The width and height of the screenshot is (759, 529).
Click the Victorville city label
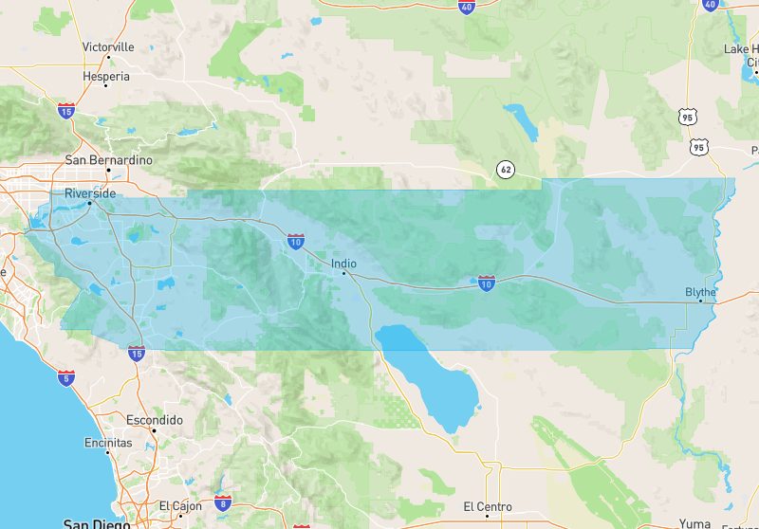click(108, 46)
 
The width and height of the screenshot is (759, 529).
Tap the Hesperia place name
click(106, 75)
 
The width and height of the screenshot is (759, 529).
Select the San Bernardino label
click(108, 160)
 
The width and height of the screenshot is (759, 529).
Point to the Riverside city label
click(90, 193)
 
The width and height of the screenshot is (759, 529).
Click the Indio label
click(344, 264)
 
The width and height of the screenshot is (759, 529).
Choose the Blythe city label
click(700, 292)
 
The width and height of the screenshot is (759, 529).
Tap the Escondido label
click(154, 419)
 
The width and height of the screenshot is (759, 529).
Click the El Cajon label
click(177, 506)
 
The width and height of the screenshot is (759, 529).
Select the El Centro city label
click(488, 506)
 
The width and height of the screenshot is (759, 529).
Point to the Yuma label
click(694, 523)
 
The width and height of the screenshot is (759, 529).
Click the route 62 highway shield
click(507, 171)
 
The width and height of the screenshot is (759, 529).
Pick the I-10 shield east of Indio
click(486, 283)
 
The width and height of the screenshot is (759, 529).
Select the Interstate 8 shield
click(223, 502)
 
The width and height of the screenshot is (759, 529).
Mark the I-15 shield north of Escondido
click(137, 354)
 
